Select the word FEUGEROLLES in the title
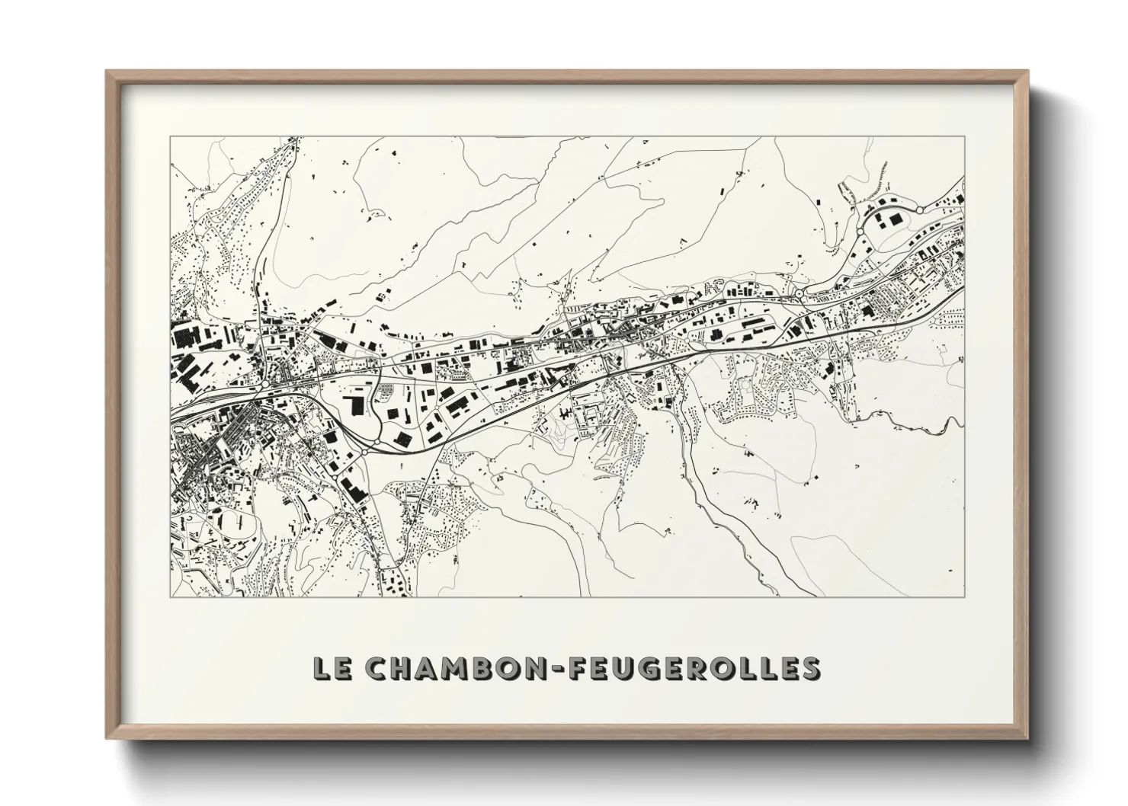690,668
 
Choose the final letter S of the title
809,668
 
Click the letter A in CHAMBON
427,668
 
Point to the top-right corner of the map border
965,136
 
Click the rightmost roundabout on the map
920,209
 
